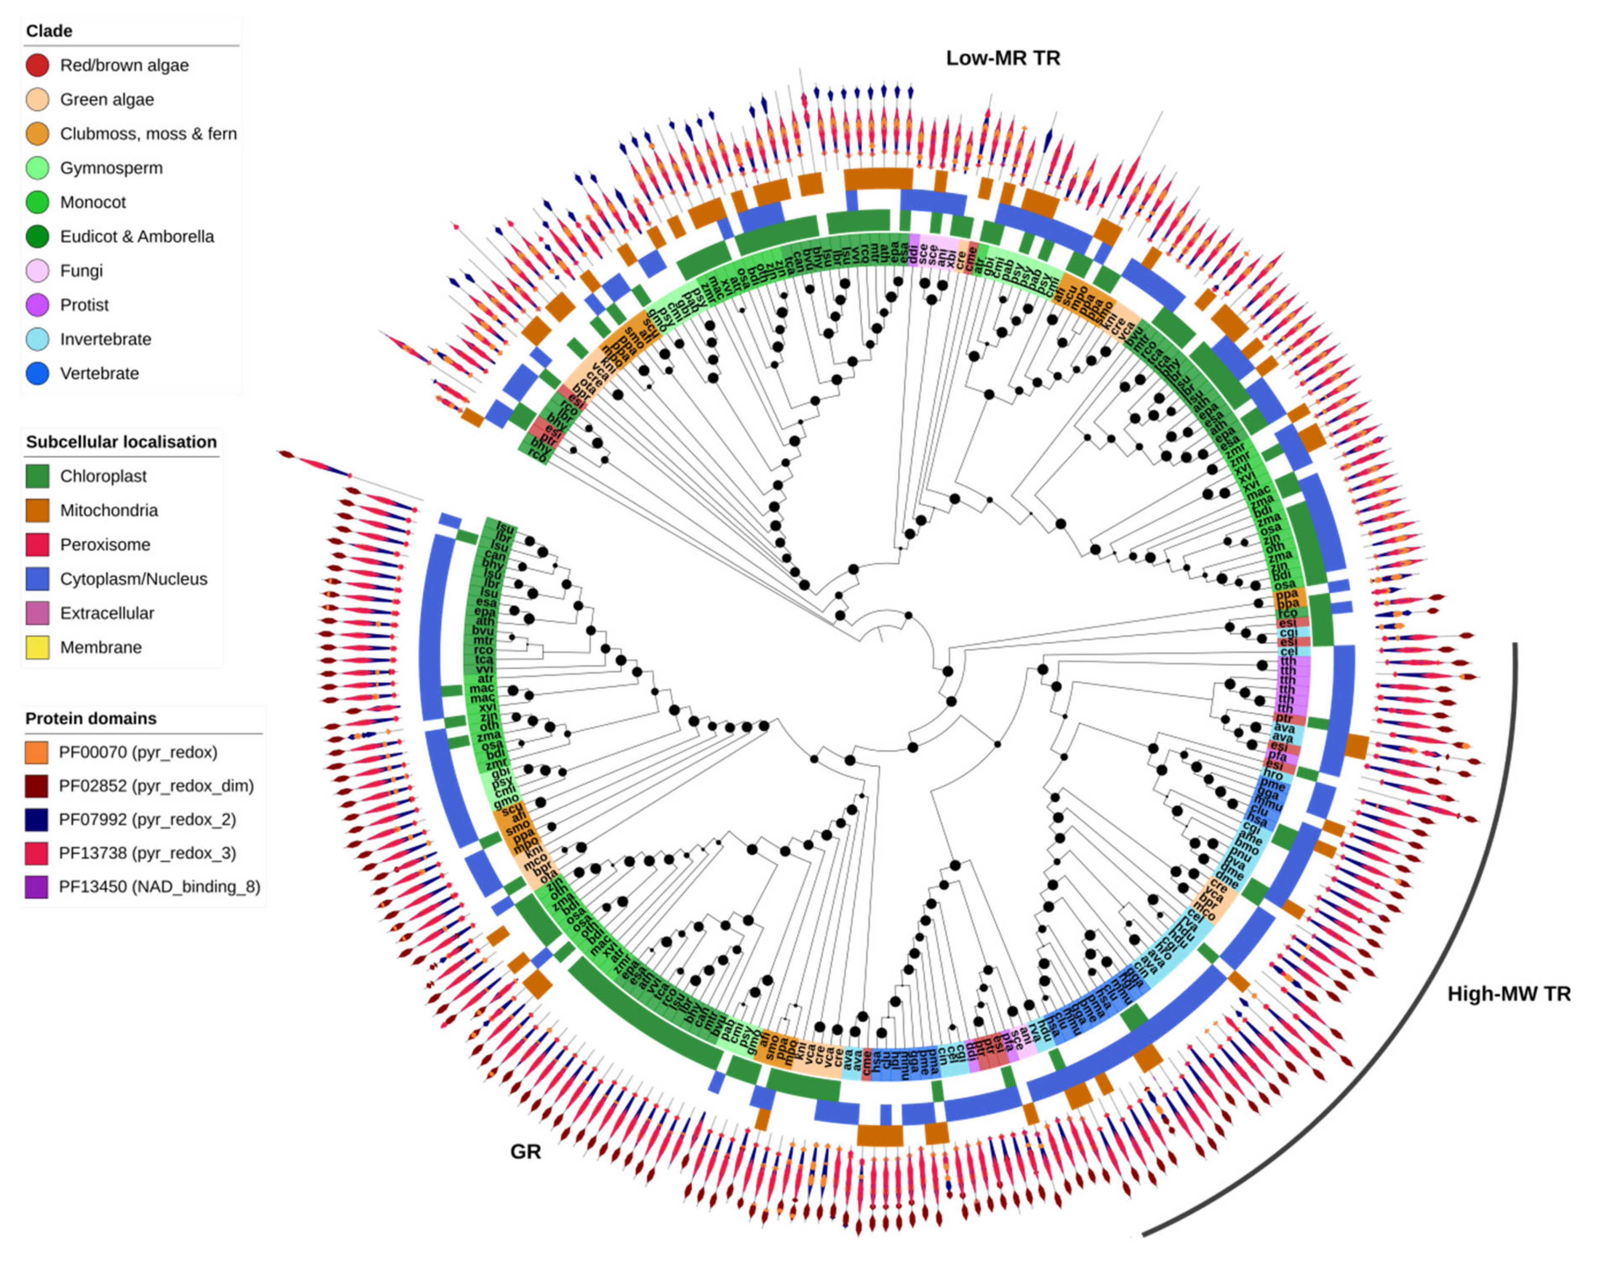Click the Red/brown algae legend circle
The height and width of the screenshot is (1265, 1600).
[x=38, y=65]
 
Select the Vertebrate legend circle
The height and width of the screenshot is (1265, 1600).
[x=38, y=373]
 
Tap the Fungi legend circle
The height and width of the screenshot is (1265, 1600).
[x=38, y=270]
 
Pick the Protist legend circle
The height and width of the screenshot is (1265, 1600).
[x=38, y=305]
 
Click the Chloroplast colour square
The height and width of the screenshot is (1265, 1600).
[x=38, y=476]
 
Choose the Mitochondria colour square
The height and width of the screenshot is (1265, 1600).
[x=38, y=510]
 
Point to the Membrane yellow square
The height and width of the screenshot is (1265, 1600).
[x=38, y=647]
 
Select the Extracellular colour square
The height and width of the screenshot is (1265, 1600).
[x=38, y=613]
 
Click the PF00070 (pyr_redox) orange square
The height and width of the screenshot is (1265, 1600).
[x=36, y=752]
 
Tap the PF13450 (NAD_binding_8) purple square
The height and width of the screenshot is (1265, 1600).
[x=36, y=887]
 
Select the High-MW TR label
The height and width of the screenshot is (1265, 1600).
[x=1509, y=994]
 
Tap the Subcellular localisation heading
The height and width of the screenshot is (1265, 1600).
[x=122, y=442]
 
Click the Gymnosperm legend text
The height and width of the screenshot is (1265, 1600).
[x=111, y=168]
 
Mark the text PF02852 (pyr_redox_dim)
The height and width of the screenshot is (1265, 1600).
[x=156, y=786]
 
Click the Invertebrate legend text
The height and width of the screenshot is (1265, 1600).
[x=105, y=339]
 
